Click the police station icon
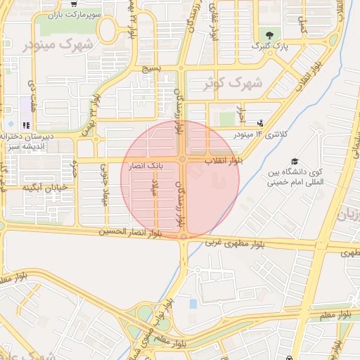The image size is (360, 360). (261, 122)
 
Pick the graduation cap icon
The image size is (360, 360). (294, 161)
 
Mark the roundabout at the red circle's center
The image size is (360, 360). (182, 160)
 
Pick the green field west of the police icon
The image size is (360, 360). (227, 119)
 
